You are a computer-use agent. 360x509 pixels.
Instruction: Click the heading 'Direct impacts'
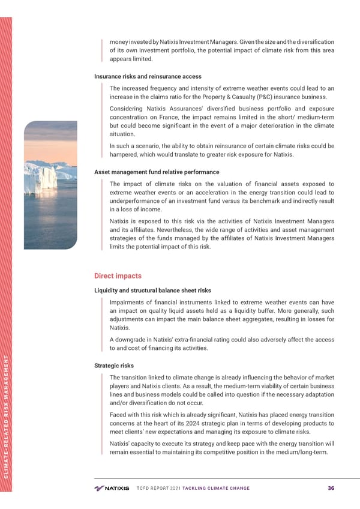[x=118, y=276]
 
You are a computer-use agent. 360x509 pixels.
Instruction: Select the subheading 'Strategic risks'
[x=114, y=366]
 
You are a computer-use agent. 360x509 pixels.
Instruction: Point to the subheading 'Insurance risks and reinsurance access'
[x=148, y=76]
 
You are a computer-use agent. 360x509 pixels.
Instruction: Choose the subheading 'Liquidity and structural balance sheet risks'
[x=152, y=291]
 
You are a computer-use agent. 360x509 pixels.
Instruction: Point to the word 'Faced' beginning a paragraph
[x=119, y=415]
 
